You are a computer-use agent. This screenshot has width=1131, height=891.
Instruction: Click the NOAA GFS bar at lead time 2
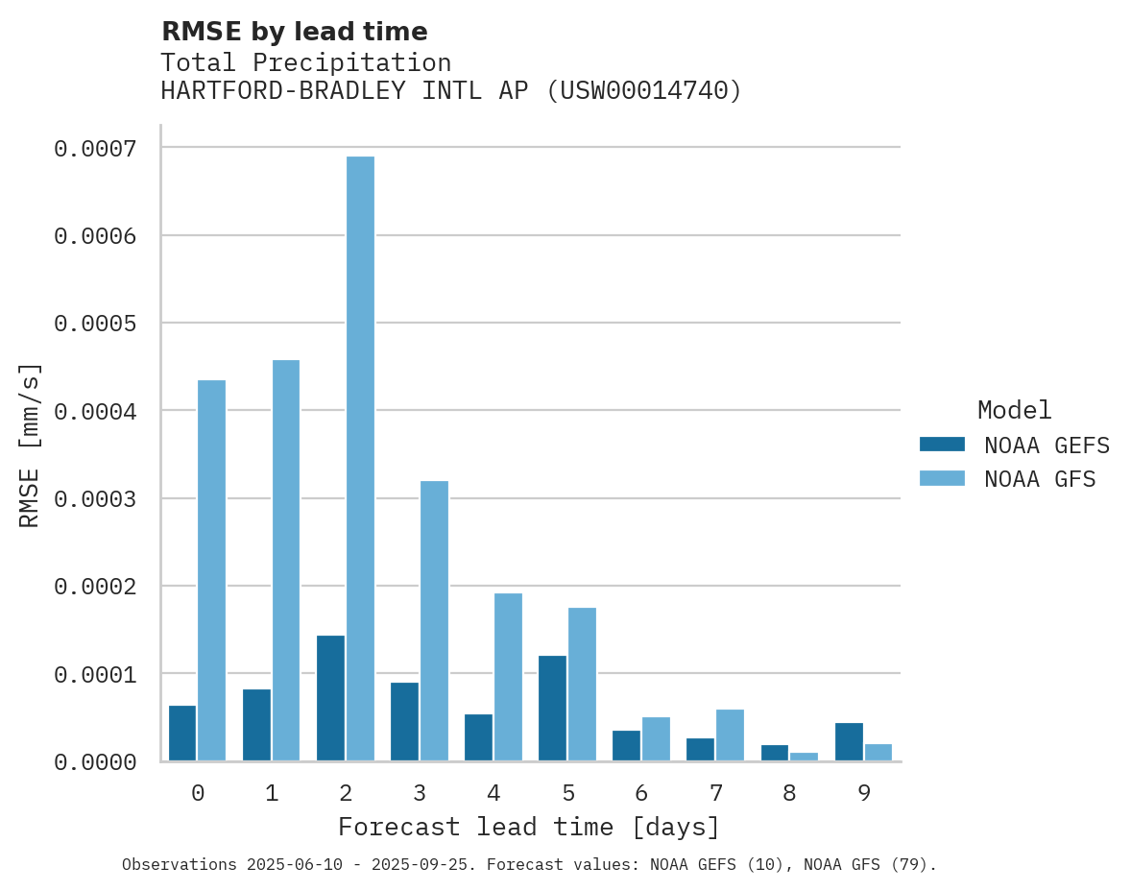tap(360, 458)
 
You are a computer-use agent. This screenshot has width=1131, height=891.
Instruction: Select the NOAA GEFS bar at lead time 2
tap(330, 698)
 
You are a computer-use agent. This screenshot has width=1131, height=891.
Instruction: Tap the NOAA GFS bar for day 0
tap(212, 570)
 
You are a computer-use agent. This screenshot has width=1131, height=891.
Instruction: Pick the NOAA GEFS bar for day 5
tap(552, 708)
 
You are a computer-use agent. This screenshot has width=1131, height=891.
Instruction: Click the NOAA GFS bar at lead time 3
tap(434, 620)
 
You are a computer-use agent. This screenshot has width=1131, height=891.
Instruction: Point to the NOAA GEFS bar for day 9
tap(849, 741)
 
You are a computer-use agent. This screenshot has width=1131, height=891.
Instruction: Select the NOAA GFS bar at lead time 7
tap(730, 734)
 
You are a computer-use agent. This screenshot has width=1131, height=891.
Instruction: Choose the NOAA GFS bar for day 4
tap(508, 677)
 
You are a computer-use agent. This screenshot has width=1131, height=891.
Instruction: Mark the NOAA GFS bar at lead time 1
tap(286, 560)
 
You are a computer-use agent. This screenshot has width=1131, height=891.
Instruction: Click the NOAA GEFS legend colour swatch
tap(942, 445)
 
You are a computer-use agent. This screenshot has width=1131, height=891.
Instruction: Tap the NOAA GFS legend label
tap(1040, 479)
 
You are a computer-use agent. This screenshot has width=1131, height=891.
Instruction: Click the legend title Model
tap(1014, 410)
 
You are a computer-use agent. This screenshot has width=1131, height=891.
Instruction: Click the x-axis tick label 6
tap(641, 793)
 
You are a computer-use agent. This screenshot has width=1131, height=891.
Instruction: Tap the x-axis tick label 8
tap(789, 793)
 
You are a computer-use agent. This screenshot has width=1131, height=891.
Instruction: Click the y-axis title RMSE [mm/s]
tap(30, 445)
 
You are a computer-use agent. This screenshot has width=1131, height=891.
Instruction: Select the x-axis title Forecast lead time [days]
tap(529, 827)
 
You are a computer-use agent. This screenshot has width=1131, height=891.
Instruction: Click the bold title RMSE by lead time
tap(294, 32)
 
